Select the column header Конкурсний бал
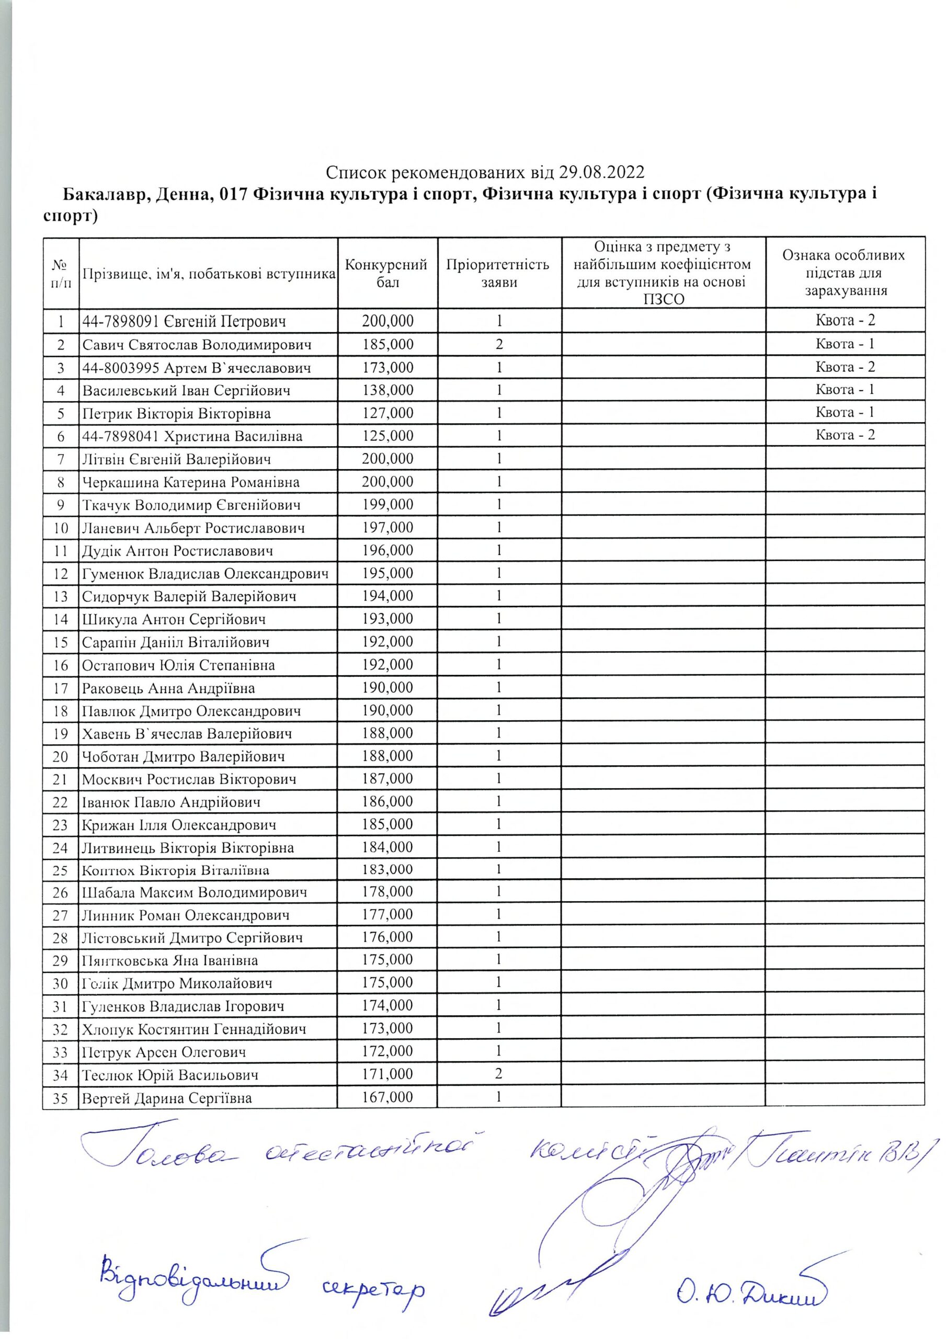click(387, 273)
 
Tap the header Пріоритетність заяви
click(499, 273)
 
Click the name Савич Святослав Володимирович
click(197, 345)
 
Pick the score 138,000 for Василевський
click(387, 390)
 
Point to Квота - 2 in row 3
click(845, 367)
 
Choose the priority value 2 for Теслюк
click(499, 1074)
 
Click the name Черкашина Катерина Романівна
click(191, 482)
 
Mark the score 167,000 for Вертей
click(387, 1097)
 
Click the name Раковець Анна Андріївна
click(168, 688)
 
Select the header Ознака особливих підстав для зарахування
click(845, 273)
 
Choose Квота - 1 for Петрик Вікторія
click(845, 412)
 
